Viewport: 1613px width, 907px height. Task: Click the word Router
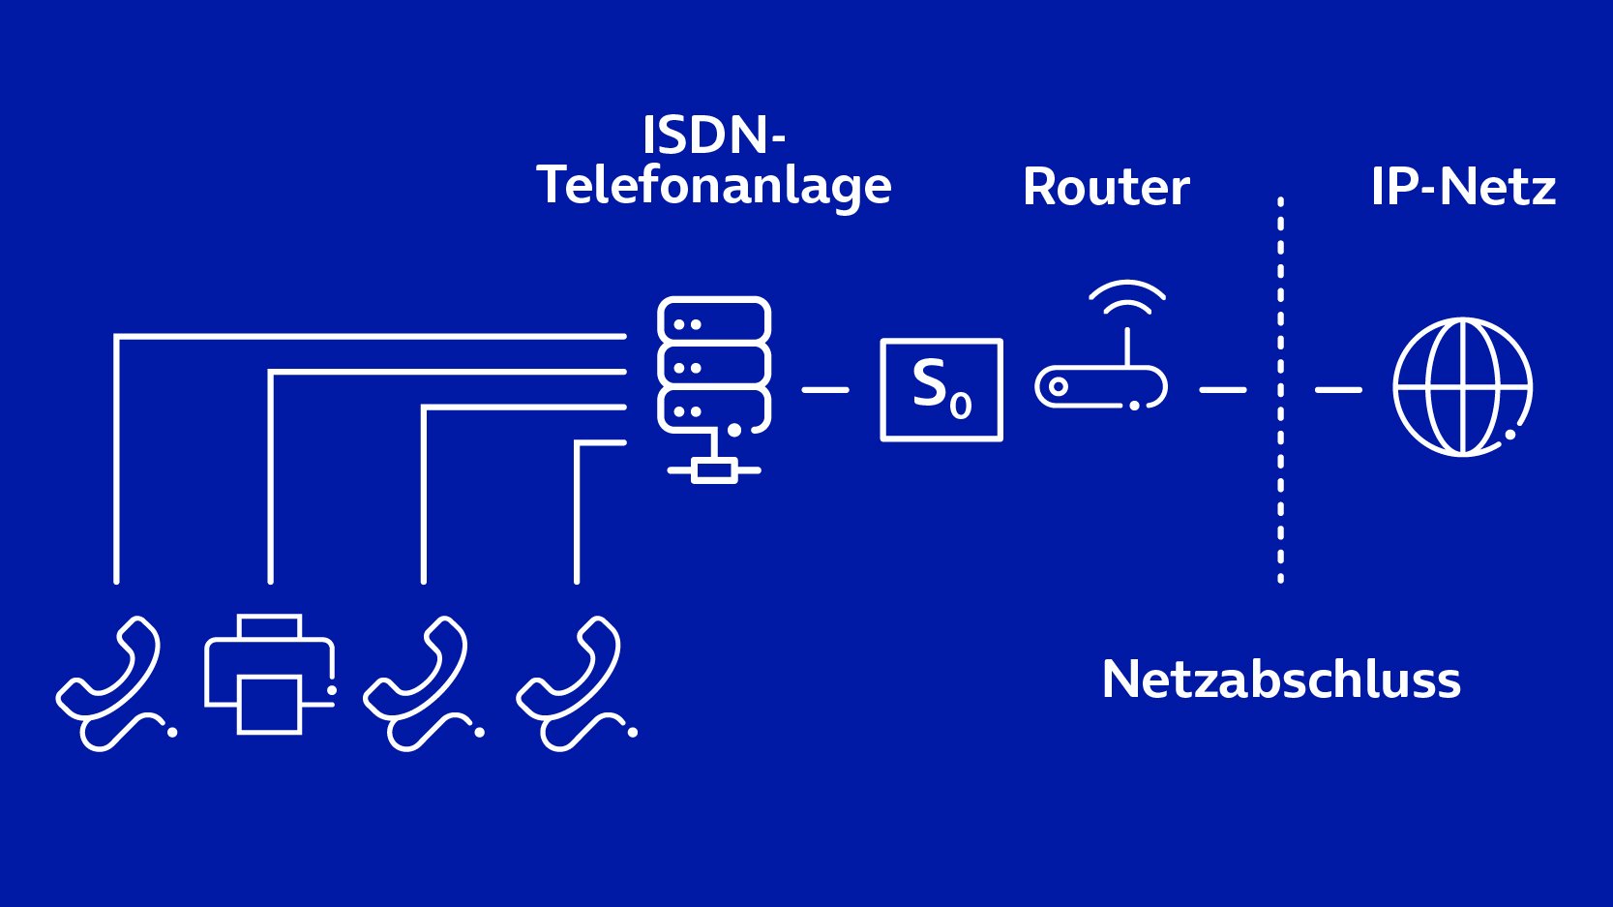pos(1106,188)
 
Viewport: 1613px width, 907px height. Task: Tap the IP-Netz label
pos(1463,188)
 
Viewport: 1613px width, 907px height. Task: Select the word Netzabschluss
pos(1281,680)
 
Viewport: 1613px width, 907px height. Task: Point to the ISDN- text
pos(713,135)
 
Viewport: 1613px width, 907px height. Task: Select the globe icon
pos(1462,387)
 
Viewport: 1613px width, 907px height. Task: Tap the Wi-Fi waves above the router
pos(1127,284)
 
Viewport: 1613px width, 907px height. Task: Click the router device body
pos(1037,387)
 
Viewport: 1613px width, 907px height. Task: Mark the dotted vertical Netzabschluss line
pos(1280,390)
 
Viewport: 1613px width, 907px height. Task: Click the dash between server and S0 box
pos(825,390)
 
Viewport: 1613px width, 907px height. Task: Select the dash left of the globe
pos(1338,390)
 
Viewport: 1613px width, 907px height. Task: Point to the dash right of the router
pos(1223,390)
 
